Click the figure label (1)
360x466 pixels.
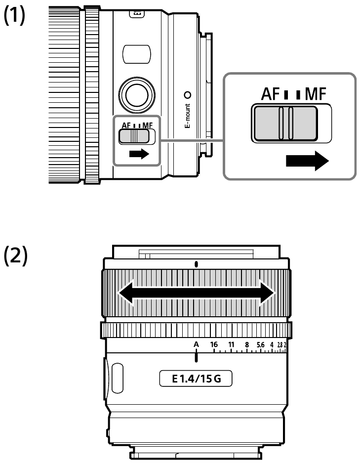pyautogui.click(x=14, y=16)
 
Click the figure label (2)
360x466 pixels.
pyautogui.click(x=15, y=255)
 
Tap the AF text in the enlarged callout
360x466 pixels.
pyautogui.click(x=270, y=94)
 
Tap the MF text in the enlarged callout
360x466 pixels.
pyautogui.click(x=316, y=94)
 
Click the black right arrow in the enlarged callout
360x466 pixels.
pyautogui.click(x=307, y=161)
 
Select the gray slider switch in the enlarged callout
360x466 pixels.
pyautogui.click(x=285, y=124)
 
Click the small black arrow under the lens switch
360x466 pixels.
pyautogui.click(x=139, y=154)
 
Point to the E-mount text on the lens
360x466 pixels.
pyautogui.click(x=187, y=116)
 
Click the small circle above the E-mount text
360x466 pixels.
pyautogui.click(x=188, y=95)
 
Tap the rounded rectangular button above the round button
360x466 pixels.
pyautogui.click(x=137, y=54)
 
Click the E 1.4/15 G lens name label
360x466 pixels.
pyautogui.click(x=196, y=379)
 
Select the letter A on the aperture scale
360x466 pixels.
pyautogui.click(x=196, y=344)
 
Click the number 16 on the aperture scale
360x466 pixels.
pyautogui.click(x=214, y=344)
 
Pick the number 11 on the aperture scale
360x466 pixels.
pyautogui.click(x=231, y=344)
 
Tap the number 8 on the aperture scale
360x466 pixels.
pyautogui.click(x=247, y=345)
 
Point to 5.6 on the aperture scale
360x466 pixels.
pyautogui.click(x=261, y=345)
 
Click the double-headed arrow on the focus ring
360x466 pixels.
pyautogui.click(x=197, y=293)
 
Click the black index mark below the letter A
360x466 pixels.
pyautogui.click(x=196, y=355)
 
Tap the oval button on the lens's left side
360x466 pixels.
pyautogui.click(x=118, y=378)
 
